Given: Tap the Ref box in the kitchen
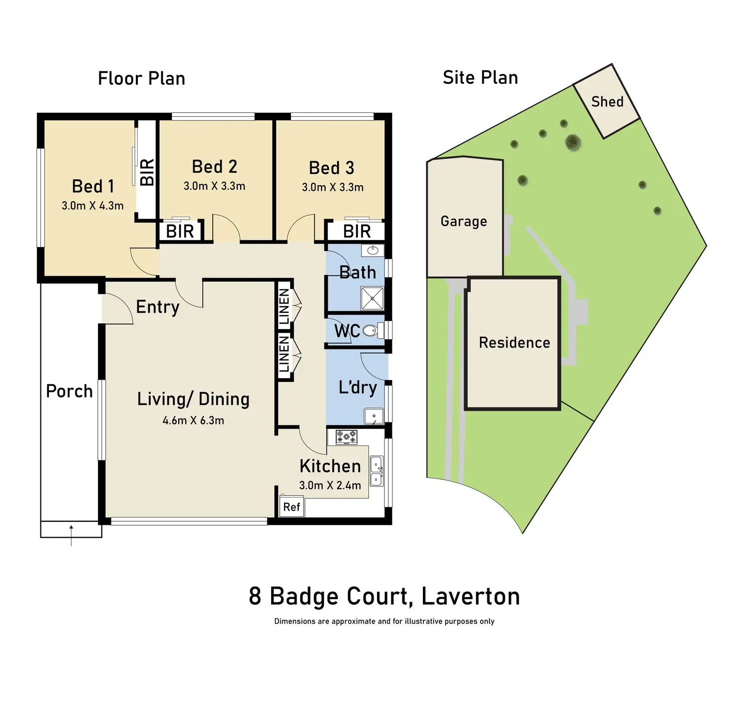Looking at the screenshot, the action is [x=292, y=507].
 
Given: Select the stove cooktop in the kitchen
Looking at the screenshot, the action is [x=347, y=437].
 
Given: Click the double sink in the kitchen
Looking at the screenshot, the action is [x=376, y=471].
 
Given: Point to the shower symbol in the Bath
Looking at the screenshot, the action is [x=372, y=298].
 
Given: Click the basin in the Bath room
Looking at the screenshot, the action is [x=372, y=251].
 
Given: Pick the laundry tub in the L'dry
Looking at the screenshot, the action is [x=374, y=416].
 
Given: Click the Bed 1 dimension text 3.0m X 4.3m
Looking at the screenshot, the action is [x=92, y=206].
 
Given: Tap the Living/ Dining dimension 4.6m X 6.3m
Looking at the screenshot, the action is [x=193, y=420].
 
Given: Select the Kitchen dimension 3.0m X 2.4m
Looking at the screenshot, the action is [x=330, y=485].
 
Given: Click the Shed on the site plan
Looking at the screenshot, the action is [x=607, y=101].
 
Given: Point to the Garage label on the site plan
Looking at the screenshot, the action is [x=464, y=221].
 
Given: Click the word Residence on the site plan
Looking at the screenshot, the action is [x=514, y=343].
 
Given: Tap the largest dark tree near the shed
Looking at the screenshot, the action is [x=573, y=142].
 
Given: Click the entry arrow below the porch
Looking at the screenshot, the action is [x=71, y=535].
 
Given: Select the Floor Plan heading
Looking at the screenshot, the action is [x=142, y=78].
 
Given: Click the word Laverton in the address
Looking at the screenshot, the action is [x=471, y=596].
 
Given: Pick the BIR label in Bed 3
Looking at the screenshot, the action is [x=357, y=232].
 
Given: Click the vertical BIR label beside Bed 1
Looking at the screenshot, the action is [x=147, y=172].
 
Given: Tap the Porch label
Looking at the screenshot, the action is [x=69, y=391].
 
